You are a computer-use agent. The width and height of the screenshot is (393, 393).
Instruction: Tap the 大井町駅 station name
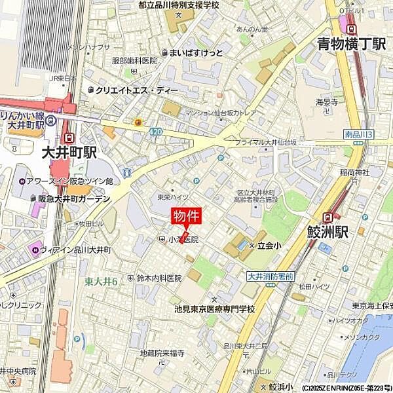pos(69,153)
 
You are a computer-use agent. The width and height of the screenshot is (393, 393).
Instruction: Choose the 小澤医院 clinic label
pos(183,240)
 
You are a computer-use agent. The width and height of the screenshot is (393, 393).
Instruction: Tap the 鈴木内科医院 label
pos(159,278)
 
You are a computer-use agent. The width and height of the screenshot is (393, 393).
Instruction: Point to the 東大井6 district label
pos(102,281)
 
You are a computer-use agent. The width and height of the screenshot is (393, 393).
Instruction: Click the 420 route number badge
pos(155,132)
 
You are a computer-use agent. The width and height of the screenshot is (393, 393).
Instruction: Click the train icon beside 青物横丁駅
pos(352,29)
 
